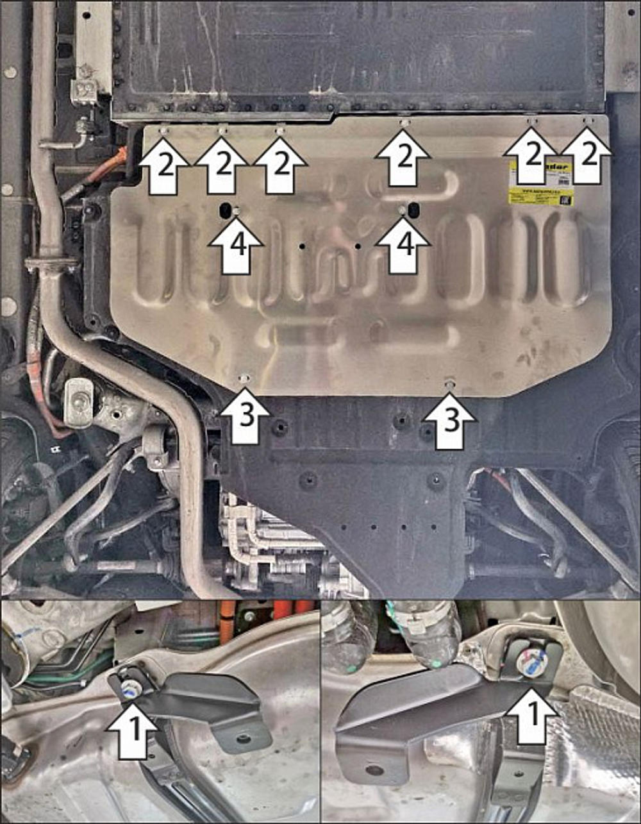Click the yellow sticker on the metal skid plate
tap(540, 183)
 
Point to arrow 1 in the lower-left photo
tap(131, 728)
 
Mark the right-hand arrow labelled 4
tap(403, 244)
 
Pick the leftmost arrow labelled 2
tap(164, 167)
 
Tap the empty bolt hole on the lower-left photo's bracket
tap(243, 739)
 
